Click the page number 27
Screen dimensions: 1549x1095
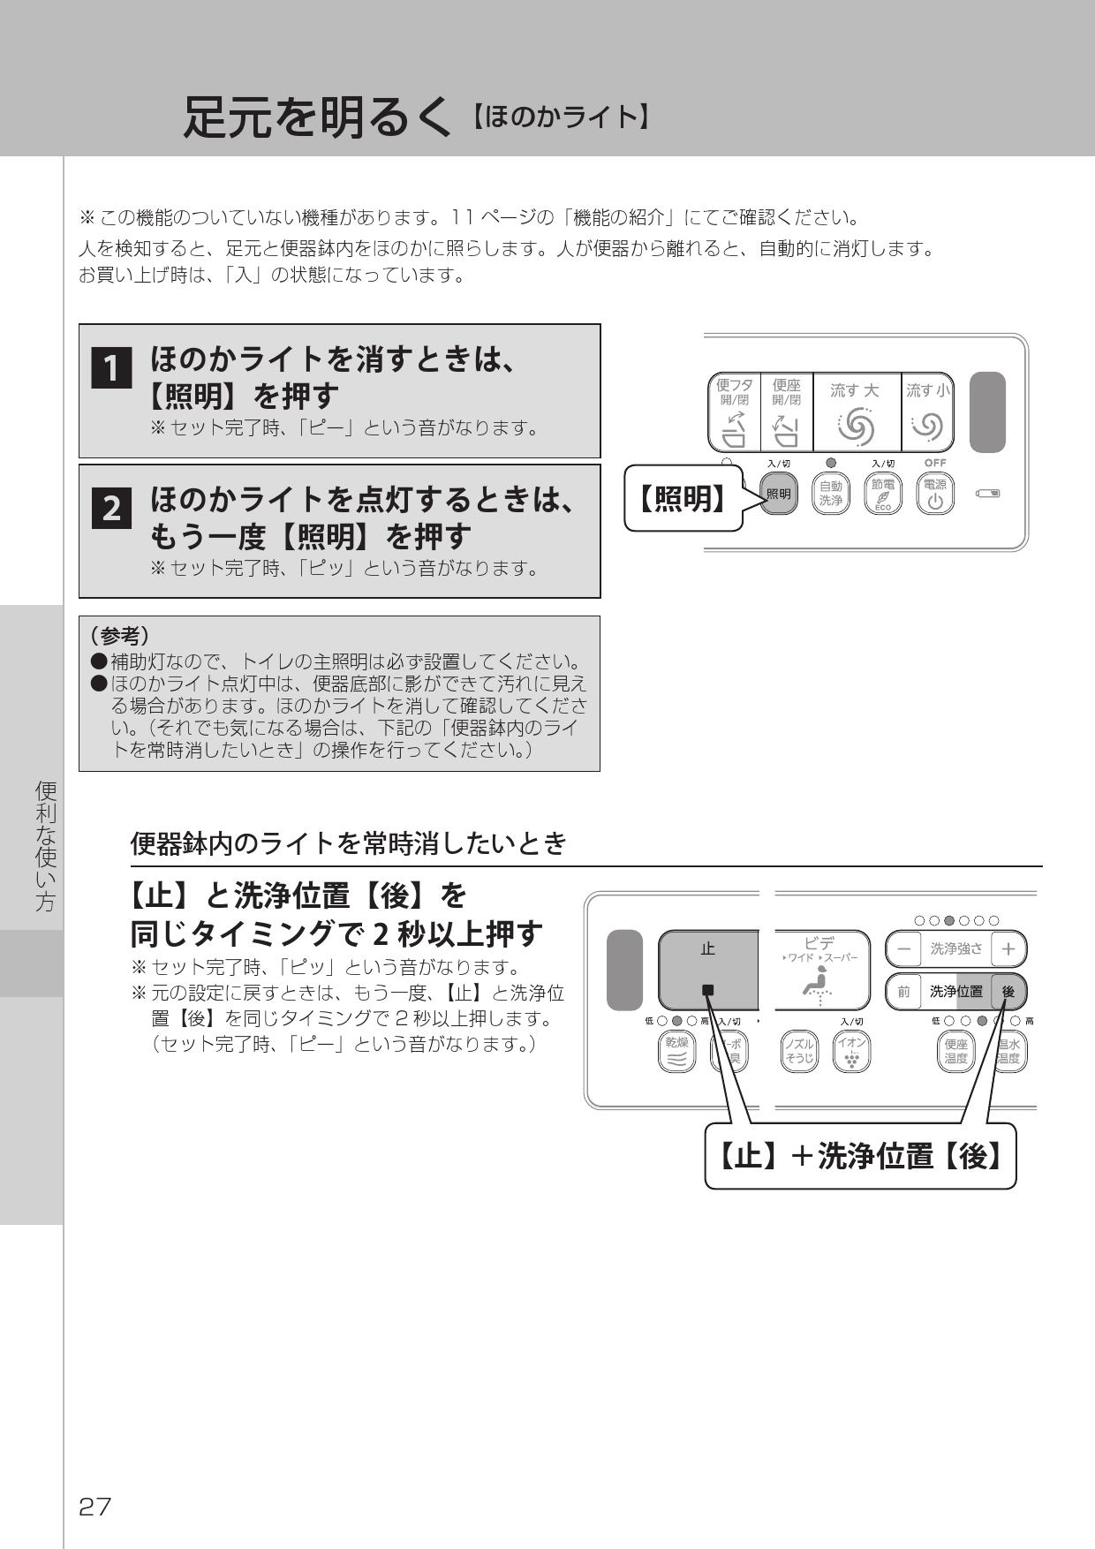point(95,1507)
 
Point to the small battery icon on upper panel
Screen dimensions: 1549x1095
point(987,493)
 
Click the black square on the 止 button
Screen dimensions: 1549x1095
point(707,990)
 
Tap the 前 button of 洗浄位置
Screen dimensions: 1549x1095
point(903,992)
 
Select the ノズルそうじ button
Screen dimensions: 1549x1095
point(799,1051)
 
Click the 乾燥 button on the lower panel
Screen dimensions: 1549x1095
point(676,1051)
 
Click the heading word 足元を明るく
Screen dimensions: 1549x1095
point(322,117)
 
